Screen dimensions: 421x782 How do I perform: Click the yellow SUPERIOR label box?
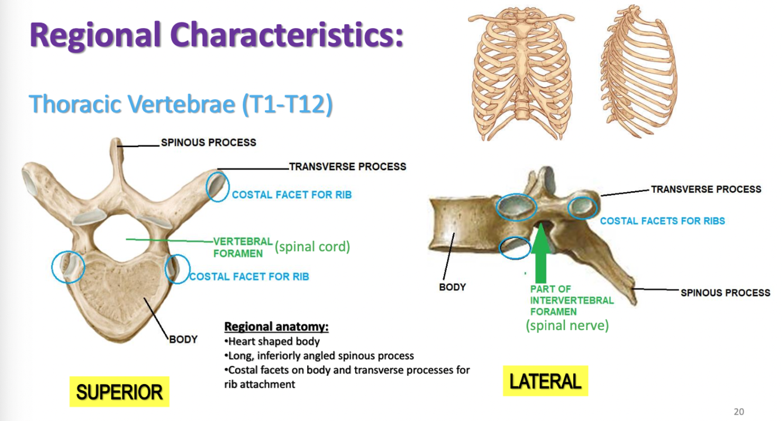[x=119, y=391]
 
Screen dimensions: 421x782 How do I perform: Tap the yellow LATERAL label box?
[x=545, y=381]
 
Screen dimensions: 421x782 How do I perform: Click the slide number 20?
[x=739, y=411]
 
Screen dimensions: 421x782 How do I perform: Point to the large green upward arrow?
[x=542, y=252]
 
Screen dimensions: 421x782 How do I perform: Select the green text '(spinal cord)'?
[x=312, y=247]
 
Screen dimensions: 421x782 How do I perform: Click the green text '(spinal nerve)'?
[x=567, y=325]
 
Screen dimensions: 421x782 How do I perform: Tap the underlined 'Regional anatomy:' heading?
[x=277, y=327]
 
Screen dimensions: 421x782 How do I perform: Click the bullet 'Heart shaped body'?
[x=274, y=341]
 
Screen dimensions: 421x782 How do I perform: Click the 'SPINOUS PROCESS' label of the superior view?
[x=209, y=142]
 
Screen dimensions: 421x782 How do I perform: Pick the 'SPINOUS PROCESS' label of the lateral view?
[x=725, y=292]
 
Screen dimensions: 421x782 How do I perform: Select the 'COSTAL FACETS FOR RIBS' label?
[x=662, y=221]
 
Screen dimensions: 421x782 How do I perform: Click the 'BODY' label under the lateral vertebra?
[x=452, y=287]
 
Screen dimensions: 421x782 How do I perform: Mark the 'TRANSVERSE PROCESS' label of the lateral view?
[x=706, y=189]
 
